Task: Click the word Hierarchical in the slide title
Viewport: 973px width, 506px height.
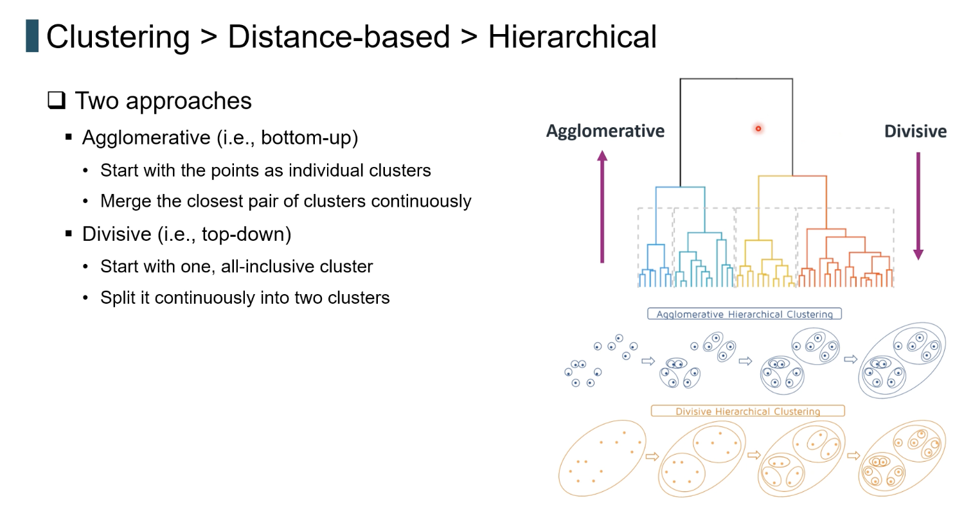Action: (572, 37)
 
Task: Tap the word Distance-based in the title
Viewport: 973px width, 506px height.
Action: (338, 37)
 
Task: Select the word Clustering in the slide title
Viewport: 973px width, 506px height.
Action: (118, 37)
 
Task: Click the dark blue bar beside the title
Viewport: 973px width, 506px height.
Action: (32, 36)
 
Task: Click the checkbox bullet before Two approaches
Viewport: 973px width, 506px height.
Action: (57, 100)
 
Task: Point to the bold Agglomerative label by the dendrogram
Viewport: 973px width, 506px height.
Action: (605, 131)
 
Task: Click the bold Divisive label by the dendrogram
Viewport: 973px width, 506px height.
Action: (915, 132)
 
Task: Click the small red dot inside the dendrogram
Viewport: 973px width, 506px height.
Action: (758, 129)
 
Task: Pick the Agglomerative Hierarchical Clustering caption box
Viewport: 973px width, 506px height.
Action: (744, 314)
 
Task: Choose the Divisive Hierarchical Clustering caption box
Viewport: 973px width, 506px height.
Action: (747, 411)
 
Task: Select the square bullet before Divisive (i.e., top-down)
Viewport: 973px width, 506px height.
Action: (69, 234)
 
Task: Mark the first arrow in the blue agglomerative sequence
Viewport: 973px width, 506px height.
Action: (648, 362)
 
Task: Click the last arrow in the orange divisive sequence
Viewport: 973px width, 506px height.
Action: (853, 456)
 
